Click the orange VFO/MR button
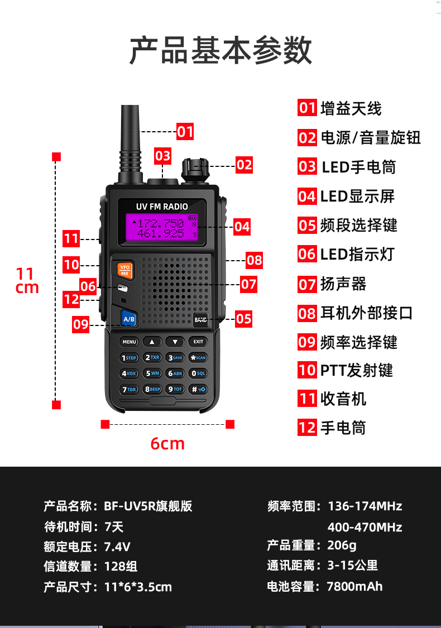[124, 270]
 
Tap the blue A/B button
[129, 319]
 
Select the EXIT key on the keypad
[198, 342]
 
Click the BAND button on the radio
[200, 320]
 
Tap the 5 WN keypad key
[152, 373]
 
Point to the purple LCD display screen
[162, 228]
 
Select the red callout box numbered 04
[242, 226]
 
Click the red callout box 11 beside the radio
[71, 239]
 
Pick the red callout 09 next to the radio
[81, 324]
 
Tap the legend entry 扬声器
[343, 284]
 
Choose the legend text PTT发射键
[356, 370]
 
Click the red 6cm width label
[167, 443]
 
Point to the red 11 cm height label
[26, 281]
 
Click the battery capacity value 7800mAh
[354, 586]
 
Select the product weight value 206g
[342, 545]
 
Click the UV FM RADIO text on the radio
[162, 207]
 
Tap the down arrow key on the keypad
[175, 342]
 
